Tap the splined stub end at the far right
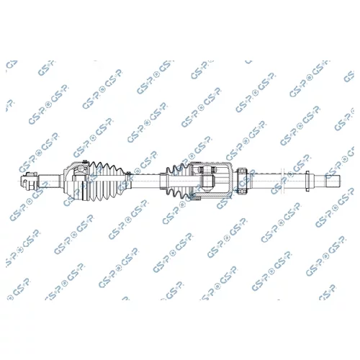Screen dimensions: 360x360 coord(333,181)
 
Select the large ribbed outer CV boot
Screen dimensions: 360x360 coord(107,181)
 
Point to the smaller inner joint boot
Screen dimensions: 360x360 coord(179,181)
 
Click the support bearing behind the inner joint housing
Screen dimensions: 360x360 coord(242,181)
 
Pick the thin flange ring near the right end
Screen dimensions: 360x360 coord(307,181)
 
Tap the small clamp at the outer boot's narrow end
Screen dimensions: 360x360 coord(129,181)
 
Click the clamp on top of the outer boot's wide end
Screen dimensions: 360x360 coord(84,162)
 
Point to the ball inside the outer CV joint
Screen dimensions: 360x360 coord(78,171)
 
